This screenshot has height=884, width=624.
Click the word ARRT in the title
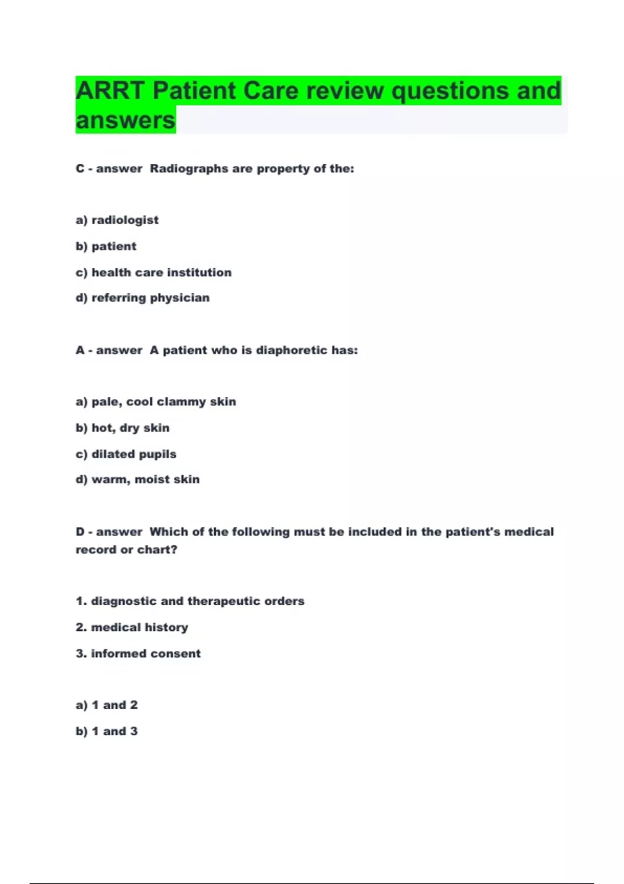110,90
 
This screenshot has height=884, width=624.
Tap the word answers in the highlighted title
125,120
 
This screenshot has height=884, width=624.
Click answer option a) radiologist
117,220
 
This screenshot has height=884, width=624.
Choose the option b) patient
106,246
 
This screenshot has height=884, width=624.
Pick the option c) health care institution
153,272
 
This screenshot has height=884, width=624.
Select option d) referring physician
142,297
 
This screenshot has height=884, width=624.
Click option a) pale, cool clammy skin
155,401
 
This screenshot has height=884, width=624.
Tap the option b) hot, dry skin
123,427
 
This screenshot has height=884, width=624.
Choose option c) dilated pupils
126,453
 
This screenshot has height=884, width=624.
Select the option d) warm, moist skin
137,479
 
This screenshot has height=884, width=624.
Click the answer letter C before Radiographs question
80,168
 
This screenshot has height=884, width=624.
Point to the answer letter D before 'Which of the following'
80,531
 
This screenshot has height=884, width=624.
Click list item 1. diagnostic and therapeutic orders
190,601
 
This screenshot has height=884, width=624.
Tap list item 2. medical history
132,627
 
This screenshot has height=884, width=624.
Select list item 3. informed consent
138,653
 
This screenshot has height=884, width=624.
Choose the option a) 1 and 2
107,705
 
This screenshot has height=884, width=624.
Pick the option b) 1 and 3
107,731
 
